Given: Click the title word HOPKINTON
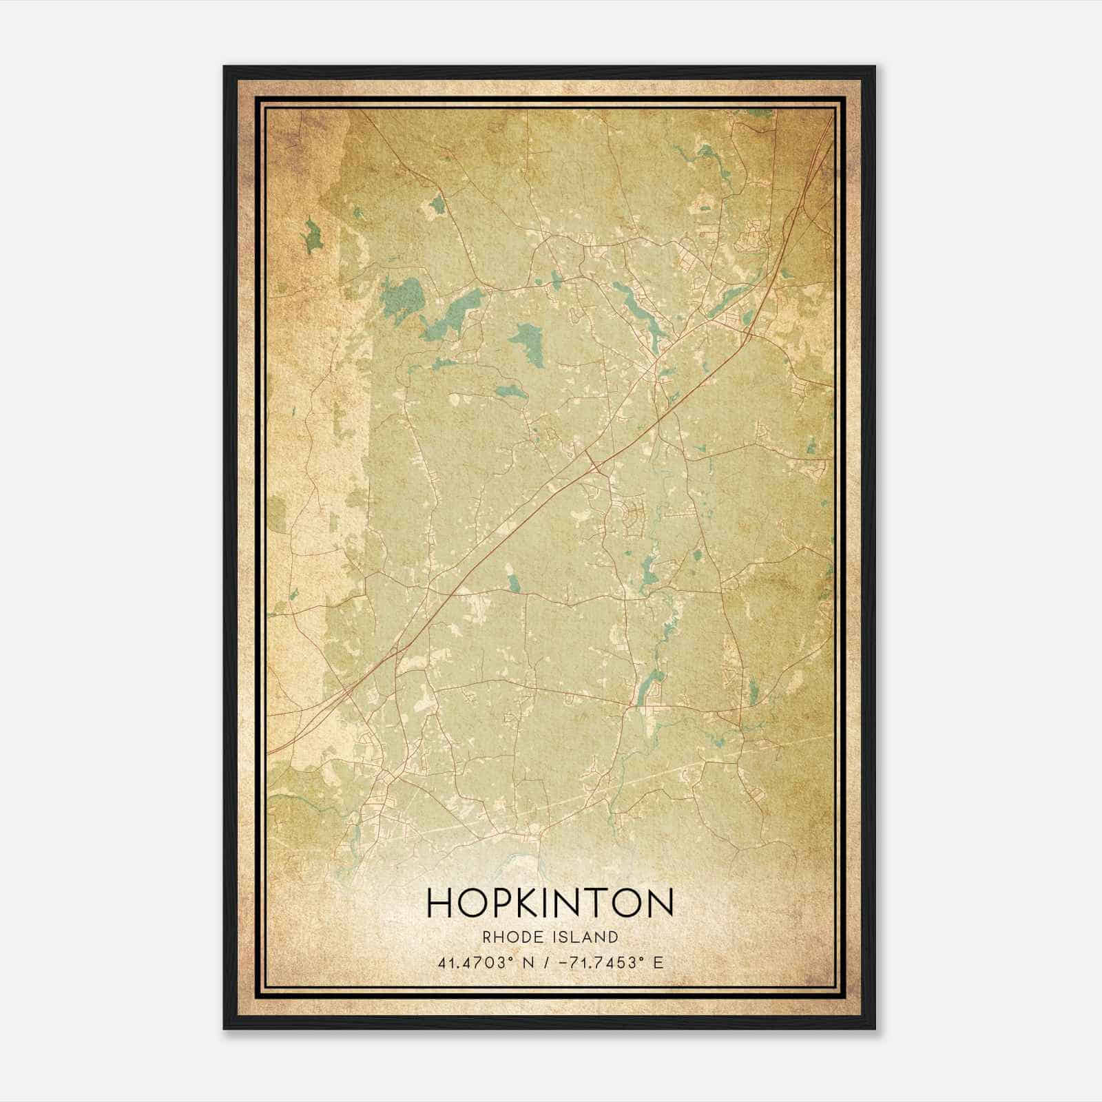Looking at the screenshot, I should coord(550,903).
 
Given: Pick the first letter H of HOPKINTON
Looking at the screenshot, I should coord(441,903).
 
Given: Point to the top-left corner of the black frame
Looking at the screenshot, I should coord(225,67).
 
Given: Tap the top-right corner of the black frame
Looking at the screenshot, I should coord(874,67).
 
